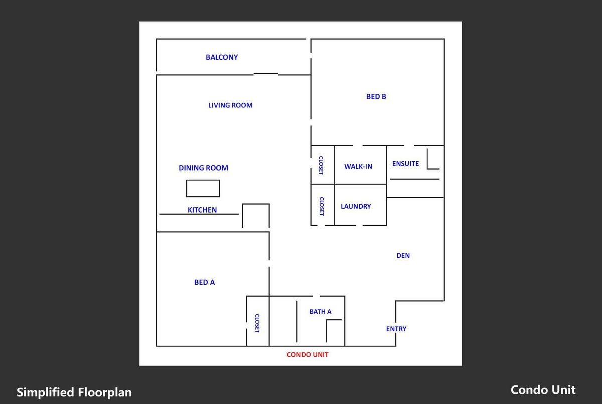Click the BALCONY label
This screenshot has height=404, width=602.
click(222, 57)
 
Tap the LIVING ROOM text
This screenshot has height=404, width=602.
click(230, 105)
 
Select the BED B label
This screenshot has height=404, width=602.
click(376, 97)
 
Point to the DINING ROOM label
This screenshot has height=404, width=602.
click(204, 168)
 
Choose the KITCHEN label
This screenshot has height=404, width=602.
click(202, 210)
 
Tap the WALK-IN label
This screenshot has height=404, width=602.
click(358, 167)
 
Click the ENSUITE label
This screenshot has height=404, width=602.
click(405, 164)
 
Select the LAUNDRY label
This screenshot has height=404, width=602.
click(356, 206)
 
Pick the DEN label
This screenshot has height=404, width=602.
click(403, 256)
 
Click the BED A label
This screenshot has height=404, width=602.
click(205, 282)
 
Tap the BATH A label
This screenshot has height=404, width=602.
click(321, 312)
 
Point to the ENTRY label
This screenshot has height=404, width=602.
click(396, 329)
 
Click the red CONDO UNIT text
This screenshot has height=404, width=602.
click(308, 355)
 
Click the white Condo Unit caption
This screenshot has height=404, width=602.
click(543, 390)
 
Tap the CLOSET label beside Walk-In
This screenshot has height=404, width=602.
click(321, 165)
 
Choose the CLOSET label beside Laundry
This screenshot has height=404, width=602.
click(322, 206)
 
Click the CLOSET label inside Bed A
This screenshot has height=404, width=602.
click(257, 323)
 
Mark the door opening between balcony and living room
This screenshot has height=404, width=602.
click(266, 73)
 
